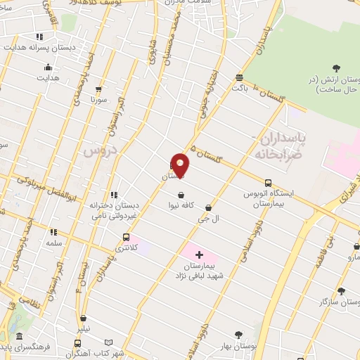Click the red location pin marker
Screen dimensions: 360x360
tap(181, 165)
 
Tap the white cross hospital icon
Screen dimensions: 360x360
tap(198, 254)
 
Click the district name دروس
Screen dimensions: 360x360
tap(97, 150)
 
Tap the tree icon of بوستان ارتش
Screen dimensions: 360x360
tap(335, 68)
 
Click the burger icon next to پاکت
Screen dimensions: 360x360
tap(240, 77)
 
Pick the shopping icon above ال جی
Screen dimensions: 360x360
tap(209, 207)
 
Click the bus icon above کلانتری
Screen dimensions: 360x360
tap(126, 237)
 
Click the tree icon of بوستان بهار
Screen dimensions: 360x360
tap(238, 335)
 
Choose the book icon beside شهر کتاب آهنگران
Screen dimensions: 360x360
tap(77, 343)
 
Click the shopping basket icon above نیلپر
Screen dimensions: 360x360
tap(84, 318)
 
